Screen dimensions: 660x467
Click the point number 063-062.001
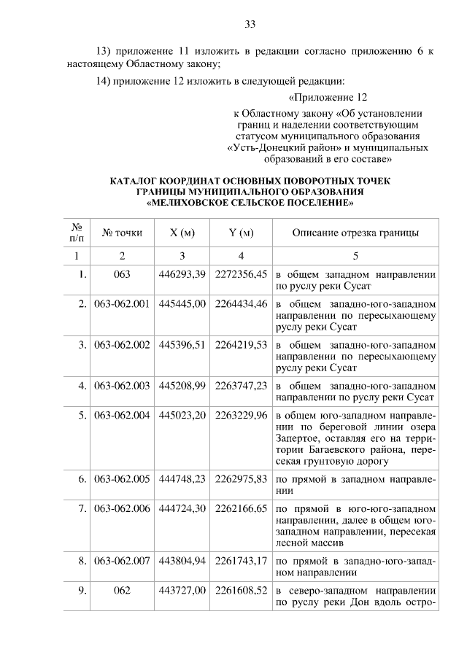(x=122, y=304)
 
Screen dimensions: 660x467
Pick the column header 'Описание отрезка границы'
(x=355, y=233)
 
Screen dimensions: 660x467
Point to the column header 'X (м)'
(x=182, y=233)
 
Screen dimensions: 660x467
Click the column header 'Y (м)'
(x=241, y=233)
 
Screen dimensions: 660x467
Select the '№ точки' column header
(x=122, y=233)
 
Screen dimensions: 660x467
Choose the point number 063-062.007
(x=122, y=561)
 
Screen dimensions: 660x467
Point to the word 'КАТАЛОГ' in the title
(x=137, y=180)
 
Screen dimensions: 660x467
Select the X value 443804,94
(x=182, y=561)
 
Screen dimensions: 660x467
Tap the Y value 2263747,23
(x=241, y=385)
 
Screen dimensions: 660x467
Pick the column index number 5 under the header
(x=355, y=256)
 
